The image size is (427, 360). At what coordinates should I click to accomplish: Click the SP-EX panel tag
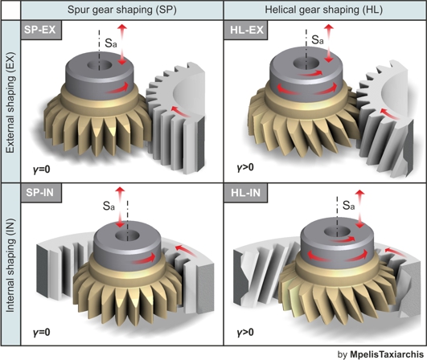[41, 30]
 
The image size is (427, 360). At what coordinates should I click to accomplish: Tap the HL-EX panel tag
[246, 30]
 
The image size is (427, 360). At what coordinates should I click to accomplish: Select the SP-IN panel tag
[41, 193]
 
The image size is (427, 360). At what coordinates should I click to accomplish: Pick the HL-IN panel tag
[246, 193]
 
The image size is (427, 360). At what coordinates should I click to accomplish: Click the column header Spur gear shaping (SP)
[122, 10]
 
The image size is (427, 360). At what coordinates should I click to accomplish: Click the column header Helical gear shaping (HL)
[324, 10]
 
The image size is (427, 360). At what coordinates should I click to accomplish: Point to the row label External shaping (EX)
[10, 103]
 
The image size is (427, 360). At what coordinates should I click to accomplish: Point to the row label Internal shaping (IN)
[10, 265]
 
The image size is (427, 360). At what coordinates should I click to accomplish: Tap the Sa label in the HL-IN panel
[348, 205]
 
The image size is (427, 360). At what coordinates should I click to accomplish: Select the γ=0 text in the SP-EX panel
[41, 170]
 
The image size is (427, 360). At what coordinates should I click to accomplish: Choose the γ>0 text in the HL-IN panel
[245, 332]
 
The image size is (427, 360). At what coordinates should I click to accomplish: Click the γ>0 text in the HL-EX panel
[245, 167]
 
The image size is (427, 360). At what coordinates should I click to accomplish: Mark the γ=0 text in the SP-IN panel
[41, 332]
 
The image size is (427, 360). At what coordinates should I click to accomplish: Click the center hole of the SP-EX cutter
[100, 65]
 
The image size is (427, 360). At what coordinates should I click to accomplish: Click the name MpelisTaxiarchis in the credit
[387, 354]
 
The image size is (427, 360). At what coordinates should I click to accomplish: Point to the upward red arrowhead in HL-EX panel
[329, 27]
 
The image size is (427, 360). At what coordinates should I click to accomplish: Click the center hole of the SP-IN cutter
[127, 235]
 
